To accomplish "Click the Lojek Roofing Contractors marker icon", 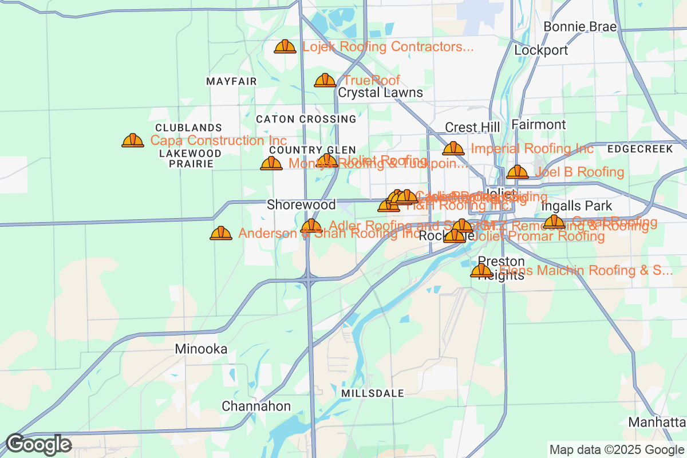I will (x=285, y=46).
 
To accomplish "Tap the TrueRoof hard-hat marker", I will (x=325, y=80).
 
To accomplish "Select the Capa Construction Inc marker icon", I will (x=133, y=140).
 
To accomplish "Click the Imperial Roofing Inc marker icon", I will (x=453, y=148).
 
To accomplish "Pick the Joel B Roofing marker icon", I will (x=518, y=172).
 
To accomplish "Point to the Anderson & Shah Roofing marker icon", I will (x=221, y=233).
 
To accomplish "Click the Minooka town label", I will (x=201, y=349).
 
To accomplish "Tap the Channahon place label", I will (x=256, y=406).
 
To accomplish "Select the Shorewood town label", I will (x=301, y=204).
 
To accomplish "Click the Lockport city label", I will (x=541, y=50).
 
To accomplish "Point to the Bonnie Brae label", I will (x=580, y=27).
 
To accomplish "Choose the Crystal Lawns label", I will (x=380, y=93).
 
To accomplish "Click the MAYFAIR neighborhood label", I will (x=231, y=82).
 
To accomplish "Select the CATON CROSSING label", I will (x=306, y=119).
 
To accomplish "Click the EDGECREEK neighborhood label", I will (x=640, y=149).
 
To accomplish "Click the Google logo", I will (x=38, y=444).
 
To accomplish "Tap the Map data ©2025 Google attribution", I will (x=617, y=449).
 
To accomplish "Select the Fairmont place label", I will (x=538, y=125).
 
